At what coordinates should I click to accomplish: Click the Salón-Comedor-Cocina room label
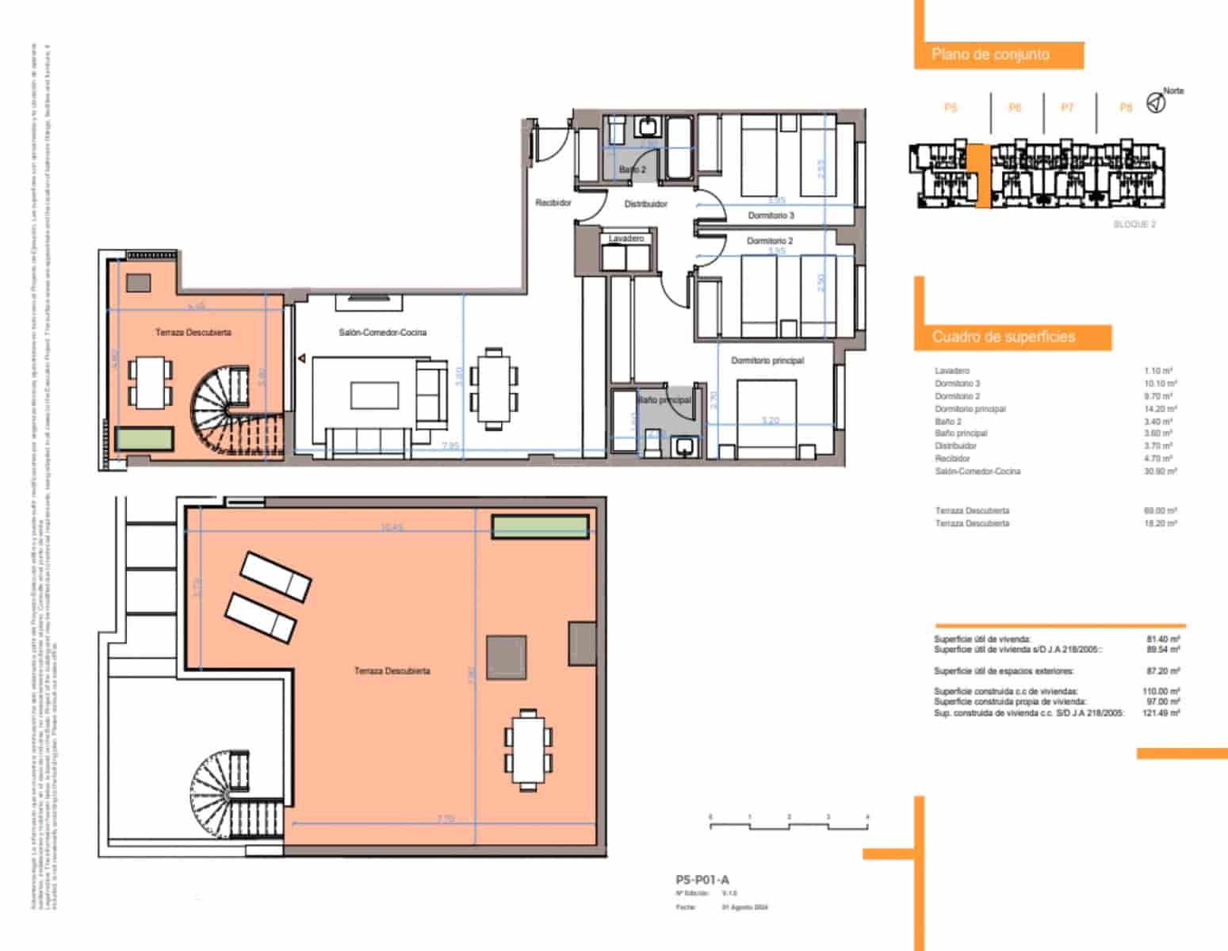pos(382,333)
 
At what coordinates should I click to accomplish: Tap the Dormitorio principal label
pos(767,361)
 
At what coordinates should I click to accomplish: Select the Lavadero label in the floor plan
pos(625,239)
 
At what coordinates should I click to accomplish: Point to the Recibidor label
pos(553,204)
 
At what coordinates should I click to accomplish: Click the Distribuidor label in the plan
pos(645,204)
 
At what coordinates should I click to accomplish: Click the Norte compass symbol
pos(1156,102)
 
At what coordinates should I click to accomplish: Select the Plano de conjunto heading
pos(990,55)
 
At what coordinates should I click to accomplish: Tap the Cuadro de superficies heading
pos(1003,337)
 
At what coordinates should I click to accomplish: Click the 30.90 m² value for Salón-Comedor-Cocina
pos(1161,472)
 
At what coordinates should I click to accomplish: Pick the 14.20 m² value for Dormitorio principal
pos(1161,409)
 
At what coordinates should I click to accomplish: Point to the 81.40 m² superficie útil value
pos(1163,639)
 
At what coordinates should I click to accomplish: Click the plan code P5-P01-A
pos(702,880)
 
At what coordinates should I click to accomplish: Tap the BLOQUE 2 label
pos(1134,225)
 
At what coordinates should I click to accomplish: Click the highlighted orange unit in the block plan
pos(981,176)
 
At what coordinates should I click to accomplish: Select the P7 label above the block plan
pos(1067,108)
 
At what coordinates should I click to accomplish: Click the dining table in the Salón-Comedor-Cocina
pos(493,388)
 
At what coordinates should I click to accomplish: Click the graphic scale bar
pos(788,825)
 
